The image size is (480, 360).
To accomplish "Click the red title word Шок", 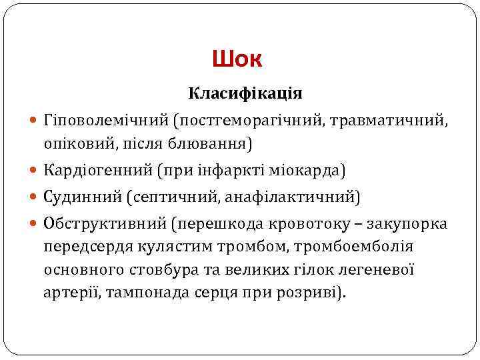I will click(238, 60).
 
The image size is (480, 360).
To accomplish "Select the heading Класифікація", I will click(245, 93).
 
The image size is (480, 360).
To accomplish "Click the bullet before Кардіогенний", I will click(35, 171).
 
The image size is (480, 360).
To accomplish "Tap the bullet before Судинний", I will click(35, 198).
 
